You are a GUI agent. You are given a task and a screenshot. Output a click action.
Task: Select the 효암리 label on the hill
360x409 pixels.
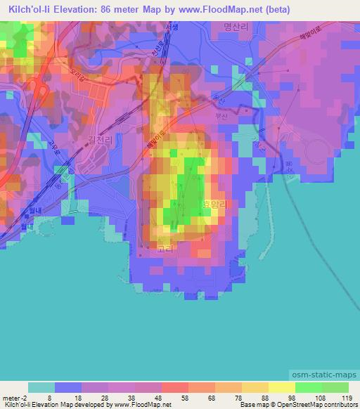[x=215, y=204]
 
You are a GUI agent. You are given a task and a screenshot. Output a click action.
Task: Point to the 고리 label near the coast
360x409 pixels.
[x=165, y=249]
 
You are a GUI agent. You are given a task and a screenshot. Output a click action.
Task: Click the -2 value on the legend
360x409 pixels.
[x=25, y=397]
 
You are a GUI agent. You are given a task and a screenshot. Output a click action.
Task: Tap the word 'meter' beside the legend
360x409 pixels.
[x=11, y=397]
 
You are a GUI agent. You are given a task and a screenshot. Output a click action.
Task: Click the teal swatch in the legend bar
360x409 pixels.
[x=41, y=387]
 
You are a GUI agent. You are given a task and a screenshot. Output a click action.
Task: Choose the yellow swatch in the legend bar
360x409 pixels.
[x=282, y=387]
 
